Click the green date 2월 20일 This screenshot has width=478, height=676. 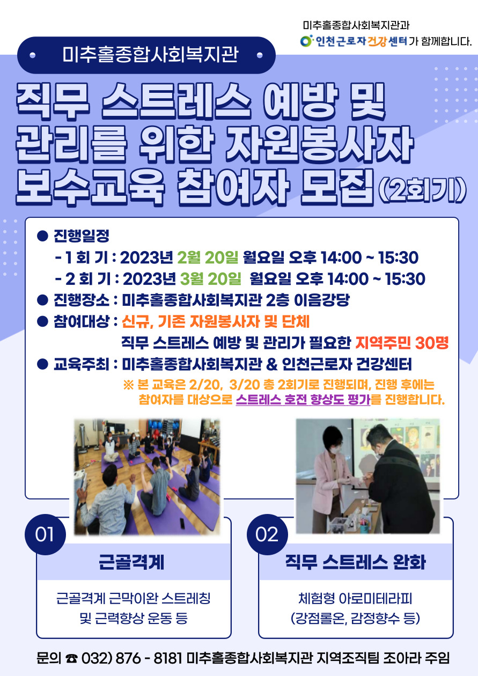[x=208, y=258]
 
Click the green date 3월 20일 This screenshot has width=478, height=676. [x=211, y=278]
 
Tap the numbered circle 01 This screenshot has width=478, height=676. [x=45, y=534]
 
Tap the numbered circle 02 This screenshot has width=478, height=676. [x=267, y=534]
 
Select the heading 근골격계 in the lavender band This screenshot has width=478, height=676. [x=131, y=562]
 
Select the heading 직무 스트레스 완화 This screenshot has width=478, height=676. [x=356, y=562]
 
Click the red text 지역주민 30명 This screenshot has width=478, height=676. [x=402, y=342]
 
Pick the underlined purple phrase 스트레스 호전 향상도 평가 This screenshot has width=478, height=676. [x=303, y=400]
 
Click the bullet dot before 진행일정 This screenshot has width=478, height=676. [x=42, y=236]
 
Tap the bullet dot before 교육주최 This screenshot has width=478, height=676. [x=42, y=364]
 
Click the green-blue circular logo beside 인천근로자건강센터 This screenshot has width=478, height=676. [x=306, y=41]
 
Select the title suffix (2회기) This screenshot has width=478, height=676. [x=422, y=191]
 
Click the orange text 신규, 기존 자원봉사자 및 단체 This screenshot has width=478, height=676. [x=216, y=322]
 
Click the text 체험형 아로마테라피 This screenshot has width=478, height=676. [x=355, y=598]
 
